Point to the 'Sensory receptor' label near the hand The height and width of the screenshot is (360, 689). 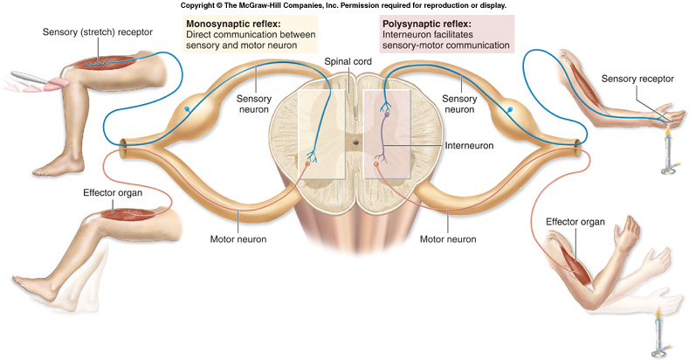(x=637, y=80)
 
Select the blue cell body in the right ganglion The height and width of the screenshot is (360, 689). (x=512, y=110)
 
